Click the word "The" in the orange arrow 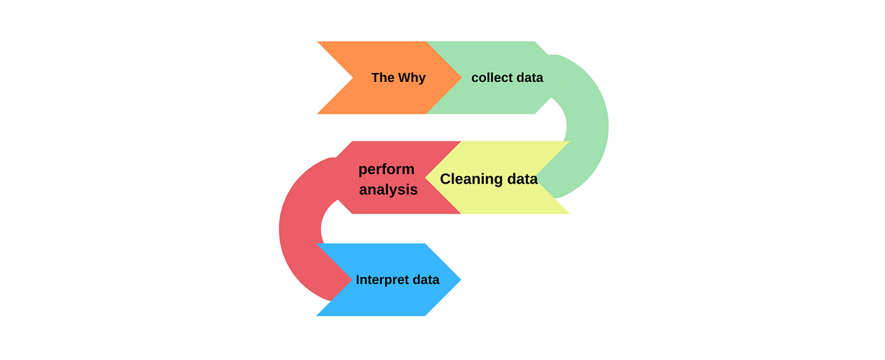pos(383,77)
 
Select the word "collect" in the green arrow pos(492,77)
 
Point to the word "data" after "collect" pos(530,77)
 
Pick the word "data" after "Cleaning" pos(522,179)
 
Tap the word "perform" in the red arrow pos(386,170)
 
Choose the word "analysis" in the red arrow pos(389,190)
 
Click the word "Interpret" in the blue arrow pos(380,280)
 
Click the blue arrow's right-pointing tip pos(459,280)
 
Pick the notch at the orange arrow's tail pos(353,77)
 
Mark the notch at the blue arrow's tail pos(351,280)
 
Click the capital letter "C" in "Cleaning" pos(446,179)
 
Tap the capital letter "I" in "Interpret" pos(358,280)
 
